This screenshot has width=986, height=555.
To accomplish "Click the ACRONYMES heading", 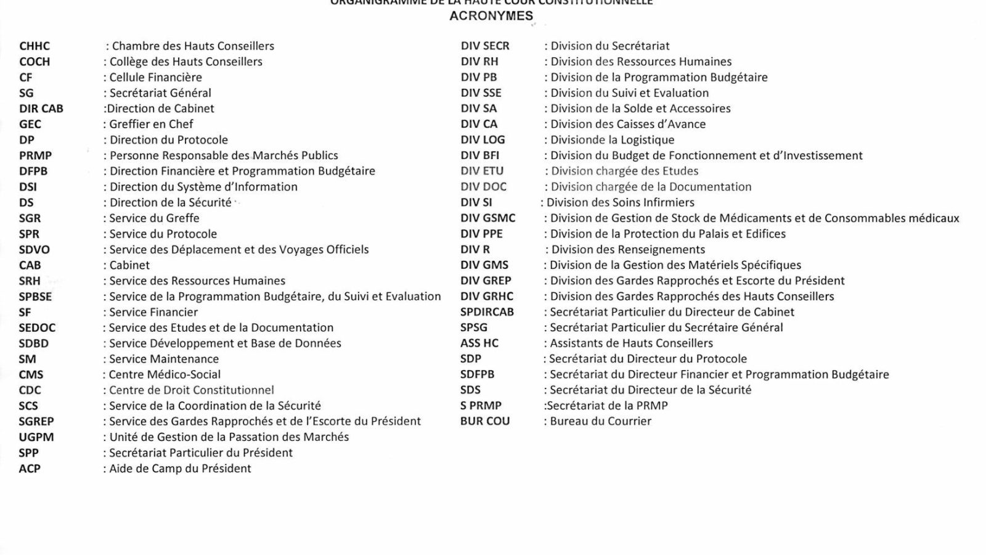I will (x=491, y=16).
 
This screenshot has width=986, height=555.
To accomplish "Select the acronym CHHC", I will (x=35, y=46).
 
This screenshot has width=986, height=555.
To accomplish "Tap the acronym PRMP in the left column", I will (x=35, y=155).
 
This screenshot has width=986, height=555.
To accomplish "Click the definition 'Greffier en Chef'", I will (x=151, y=124).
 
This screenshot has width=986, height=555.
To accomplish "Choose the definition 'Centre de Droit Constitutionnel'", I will (x=191, y=390).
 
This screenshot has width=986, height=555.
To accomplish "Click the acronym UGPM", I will (x=36, y=437).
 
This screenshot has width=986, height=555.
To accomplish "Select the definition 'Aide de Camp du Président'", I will (x=180, y=469).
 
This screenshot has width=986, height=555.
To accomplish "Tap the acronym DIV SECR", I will (x=485, y=46).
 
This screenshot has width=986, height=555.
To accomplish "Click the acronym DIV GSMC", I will (x=488, y=218).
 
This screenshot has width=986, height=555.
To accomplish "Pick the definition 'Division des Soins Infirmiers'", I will (x=620, y=202).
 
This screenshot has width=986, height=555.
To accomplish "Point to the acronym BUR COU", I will (x=485, y=421).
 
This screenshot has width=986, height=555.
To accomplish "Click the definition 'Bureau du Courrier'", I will (x=600, y=421).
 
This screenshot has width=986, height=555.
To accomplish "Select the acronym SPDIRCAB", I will (x=487, y=312).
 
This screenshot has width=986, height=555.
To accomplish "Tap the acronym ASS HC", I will (x=479, y=343).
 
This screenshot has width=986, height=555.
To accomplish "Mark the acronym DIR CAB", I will (x=41, y=109).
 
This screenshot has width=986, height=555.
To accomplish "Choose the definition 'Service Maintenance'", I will (x=164, y=359).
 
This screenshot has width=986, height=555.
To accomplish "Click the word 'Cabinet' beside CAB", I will (x=129, y=265).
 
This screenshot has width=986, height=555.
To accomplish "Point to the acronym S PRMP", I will (x=481, y=406).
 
